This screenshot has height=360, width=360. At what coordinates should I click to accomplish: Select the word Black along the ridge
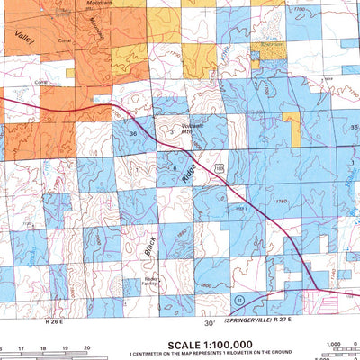tap(150, 245)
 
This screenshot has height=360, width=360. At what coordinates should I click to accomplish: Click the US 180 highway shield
tap(218, 168)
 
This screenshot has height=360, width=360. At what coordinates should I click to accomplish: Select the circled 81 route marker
tap(239, 298)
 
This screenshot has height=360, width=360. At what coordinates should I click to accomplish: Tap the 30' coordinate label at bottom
tap(209, 322)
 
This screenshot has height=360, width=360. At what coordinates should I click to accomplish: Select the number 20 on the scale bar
tap(86, 346)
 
